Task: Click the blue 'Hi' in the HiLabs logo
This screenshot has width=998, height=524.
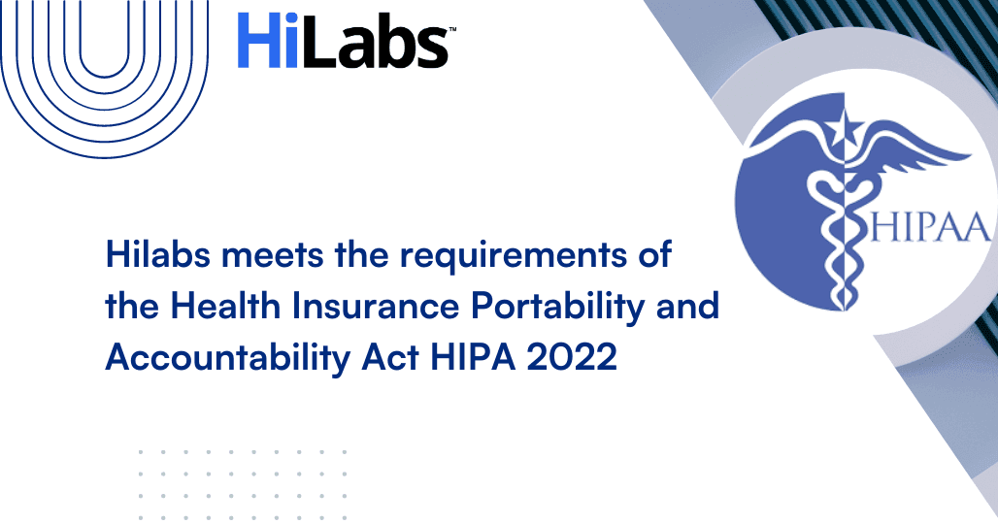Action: (x=267, y=41)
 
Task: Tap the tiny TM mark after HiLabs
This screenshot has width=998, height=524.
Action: (x=452, y=29)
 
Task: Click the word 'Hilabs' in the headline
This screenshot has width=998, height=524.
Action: (x=158, y=254)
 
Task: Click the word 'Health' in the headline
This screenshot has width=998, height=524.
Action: (x=224, y=306)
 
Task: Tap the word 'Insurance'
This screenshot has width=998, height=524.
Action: (x=376, y=306)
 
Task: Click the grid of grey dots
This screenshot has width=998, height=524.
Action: (x=243, y=485)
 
